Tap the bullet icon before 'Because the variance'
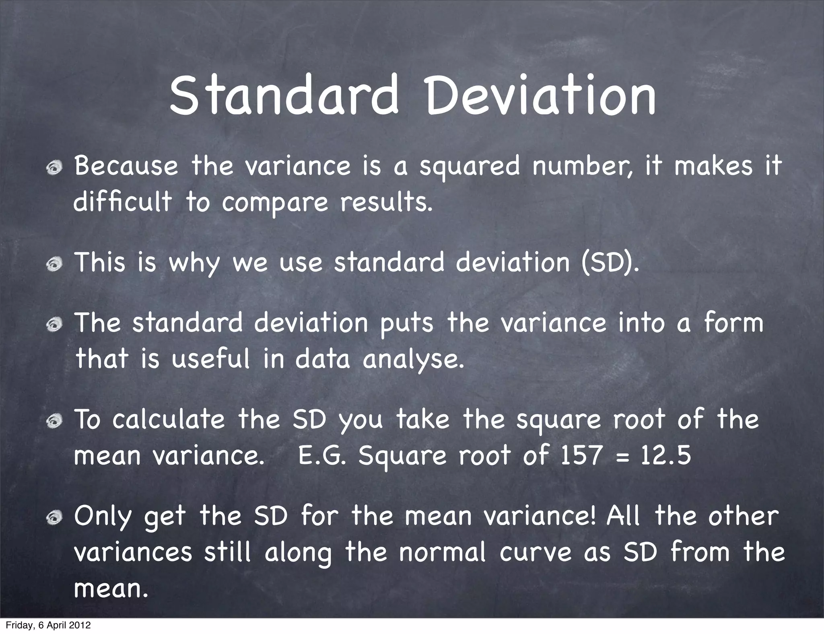click(54, 167)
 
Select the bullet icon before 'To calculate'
click(54, 421)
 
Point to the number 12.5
click(666, 456)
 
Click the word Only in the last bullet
click(103, 517)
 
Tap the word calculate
click(168, 420)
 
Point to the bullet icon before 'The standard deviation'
click(54, 324)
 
